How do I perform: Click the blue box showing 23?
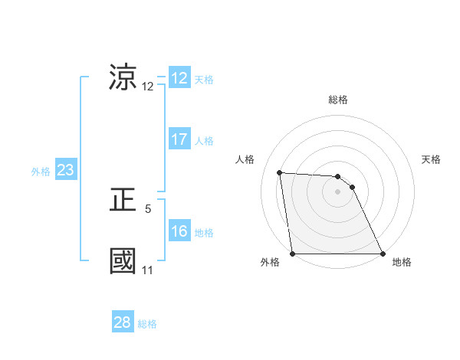click(x=65, y=171)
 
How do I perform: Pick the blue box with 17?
click(x=179, y=139)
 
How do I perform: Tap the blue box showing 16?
click(x=179, y=231)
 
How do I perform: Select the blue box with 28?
click(x=123, y=322)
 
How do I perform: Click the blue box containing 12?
click(x=179, y=78)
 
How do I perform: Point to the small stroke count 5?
click(x=148, y=208)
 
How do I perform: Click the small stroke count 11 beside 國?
click(x=147, y=270)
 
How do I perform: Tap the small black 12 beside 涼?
click(x=148, y=87)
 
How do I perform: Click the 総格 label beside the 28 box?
click(x=147, y=324)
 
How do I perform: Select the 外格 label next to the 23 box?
click(x=41, y=172)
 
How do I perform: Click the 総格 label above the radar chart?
click(x=338, y=100)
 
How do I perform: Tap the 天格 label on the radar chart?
click(x=432, y=159)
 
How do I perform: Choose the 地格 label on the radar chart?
click(x=402, y=262)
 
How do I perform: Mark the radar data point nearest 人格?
click(x=280, y=172)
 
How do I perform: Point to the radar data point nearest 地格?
click(x=382, y=254)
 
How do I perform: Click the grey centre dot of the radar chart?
click(x=338, y=192)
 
